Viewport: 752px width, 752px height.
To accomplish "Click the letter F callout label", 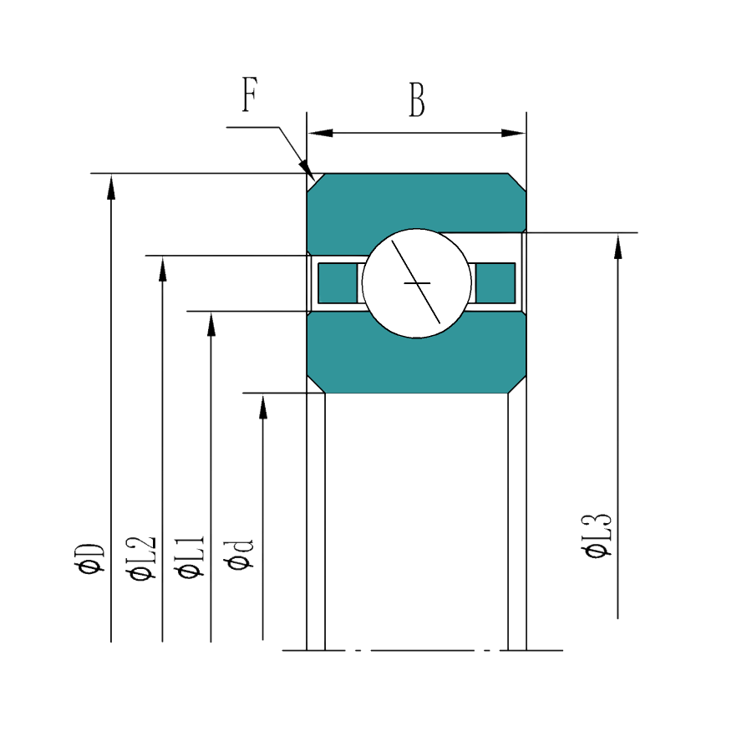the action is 250,94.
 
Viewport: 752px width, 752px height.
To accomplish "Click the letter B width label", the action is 417,100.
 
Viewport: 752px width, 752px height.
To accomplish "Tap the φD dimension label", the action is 89,558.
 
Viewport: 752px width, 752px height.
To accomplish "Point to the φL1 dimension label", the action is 191,556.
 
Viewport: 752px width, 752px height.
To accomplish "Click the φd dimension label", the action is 239,555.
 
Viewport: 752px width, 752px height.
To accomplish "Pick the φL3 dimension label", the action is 597,536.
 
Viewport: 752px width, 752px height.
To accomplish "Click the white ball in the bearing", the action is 417,283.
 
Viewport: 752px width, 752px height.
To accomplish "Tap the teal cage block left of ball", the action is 338,283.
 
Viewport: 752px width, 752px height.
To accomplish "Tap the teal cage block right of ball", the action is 495,283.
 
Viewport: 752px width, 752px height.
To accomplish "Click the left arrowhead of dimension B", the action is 320,133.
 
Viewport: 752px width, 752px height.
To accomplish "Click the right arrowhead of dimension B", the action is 514,133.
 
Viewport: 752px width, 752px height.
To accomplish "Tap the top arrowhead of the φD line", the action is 111,186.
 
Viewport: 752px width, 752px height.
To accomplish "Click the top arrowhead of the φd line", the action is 263,407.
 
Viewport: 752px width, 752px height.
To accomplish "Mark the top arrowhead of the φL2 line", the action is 163,268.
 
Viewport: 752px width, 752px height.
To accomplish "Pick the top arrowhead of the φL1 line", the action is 211,323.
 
